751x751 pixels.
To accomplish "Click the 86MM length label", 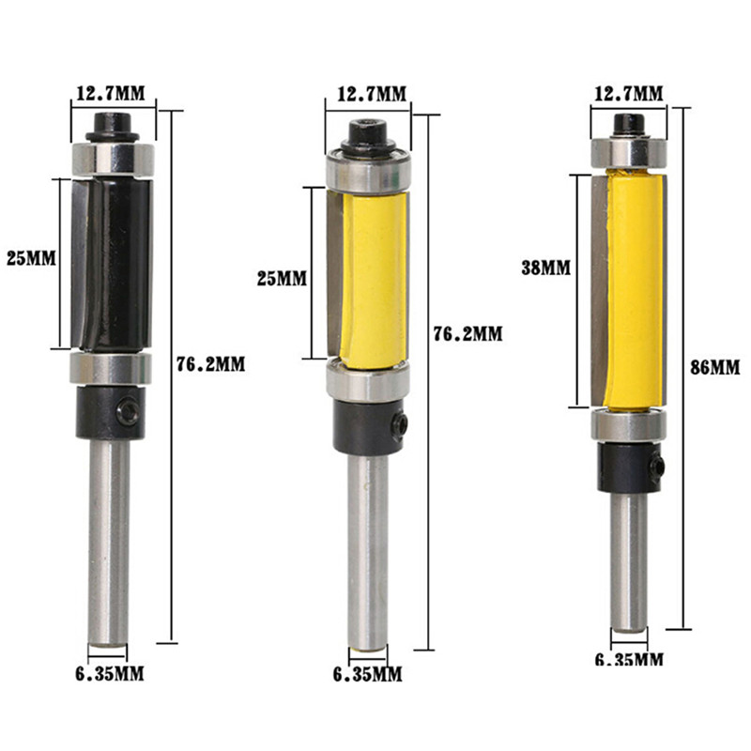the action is (714, 367).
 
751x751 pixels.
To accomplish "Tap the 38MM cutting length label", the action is (546, 268).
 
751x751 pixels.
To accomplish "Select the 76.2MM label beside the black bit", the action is (210, 364).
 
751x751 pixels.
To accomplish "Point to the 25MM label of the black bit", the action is (31, 259).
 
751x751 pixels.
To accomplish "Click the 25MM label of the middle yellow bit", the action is (282, 278).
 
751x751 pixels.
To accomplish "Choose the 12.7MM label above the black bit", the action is (110, 93).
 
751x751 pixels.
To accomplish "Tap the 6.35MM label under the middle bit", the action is (367, 675).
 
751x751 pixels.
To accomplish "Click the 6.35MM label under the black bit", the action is (109, 674).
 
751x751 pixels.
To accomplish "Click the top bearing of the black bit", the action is (113, 160).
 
